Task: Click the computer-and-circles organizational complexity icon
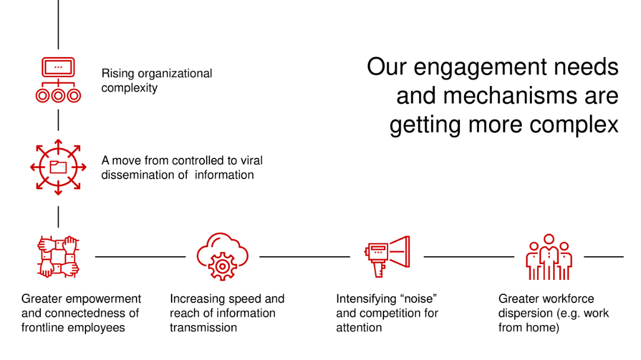[58, 80]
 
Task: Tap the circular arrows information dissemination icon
[58, 167]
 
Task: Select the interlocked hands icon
[58, 257]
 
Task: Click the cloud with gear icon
[222, 257]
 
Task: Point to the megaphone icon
[388, 256]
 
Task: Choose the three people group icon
[548, 257]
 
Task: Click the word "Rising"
[118, 74]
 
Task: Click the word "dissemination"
[136, 175]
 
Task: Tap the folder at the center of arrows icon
[58, 167]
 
